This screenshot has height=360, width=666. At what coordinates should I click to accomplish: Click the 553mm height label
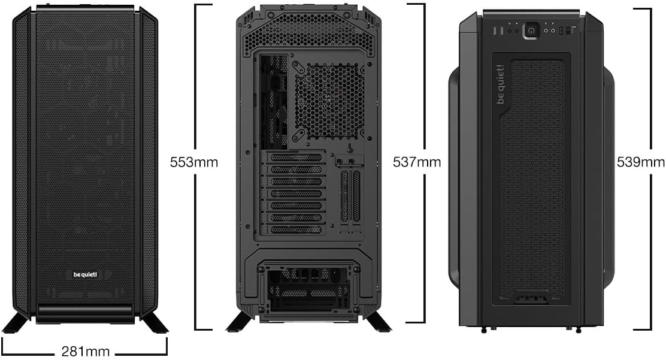(x=193, y=162)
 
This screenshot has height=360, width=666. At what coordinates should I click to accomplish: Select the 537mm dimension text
(x=416, y=162)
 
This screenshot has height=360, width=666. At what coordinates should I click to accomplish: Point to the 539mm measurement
(x=640, y=162)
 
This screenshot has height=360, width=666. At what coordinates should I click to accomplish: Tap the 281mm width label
(x=84, y=350)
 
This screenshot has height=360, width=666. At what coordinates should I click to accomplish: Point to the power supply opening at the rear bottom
(x=308, y=291)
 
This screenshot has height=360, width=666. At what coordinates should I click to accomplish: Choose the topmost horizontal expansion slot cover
(x=295, y=158)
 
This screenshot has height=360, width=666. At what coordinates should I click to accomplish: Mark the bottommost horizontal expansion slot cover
(x=295, y=229)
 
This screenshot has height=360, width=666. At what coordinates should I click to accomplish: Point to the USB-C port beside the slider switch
(x=561, y=30)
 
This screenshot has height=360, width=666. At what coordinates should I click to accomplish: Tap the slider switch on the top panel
(x=572, y=30)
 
